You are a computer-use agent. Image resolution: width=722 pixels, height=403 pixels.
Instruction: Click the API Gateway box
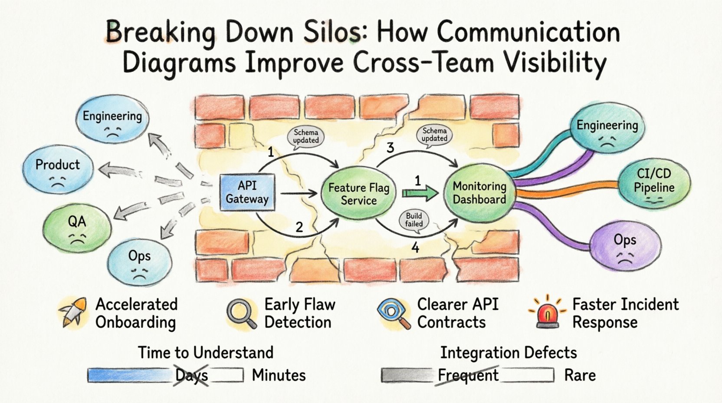pyautogui.click(x=247, y=192)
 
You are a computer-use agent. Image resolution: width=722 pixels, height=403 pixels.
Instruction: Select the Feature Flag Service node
pyautogui.click(x=358, y=194)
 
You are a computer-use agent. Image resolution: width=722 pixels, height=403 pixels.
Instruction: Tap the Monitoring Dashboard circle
pyautogui.click(x=479, y=193)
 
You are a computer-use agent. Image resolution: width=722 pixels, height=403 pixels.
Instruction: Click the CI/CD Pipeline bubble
pyautogui.click(x=654, y=181)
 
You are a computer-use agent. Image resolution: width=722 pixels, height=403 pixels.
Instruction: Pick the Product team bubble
pyautogui.click(x=58, y=169)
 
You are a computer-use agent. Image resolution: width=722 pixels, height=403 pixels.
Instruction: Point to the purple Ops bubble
pyautogui.click(x=625, y=246)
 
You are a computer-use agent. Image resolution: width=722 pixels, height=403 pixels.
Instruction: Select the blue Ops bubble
pyautogui.click(x=139, y=261)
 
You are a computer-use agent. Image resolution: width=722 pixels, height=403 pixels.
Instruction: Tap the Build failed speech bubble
pyautogui.click(x=414, y=220)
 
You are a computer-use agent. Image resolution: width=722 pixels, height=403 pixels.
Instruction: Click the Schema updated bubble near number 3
pyautogui.click(x=434, y=135)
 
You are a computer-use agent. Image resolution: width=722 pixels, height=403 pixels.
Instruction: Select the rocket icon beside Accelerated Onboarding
pyautogui.click(x=72, y=313)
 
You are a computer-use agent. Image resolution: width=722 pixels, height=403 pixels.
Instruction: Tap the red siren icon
pyautogui.click(x=548, y=314)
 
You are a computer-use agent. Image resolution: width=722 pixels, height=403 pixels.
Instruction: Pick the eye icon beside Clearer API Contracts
pyautogui.click(x=393, y=313)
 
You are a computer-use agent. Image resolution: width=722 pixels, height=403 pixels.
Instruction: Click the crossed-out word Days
pyautogui.click(x=192, y=375)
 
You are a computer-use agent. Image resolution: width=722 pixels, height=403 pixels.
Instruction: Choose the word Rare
pyautogui.click(x=580, y=375)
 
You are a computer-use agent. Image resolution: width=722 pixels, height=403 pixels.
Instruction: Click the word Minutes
pyautogui.click(x=279, y=375)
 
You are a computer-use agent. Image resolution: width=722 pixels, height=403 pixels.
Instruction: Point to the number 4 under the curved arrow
pyautogui.click(x=415, y=248)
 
